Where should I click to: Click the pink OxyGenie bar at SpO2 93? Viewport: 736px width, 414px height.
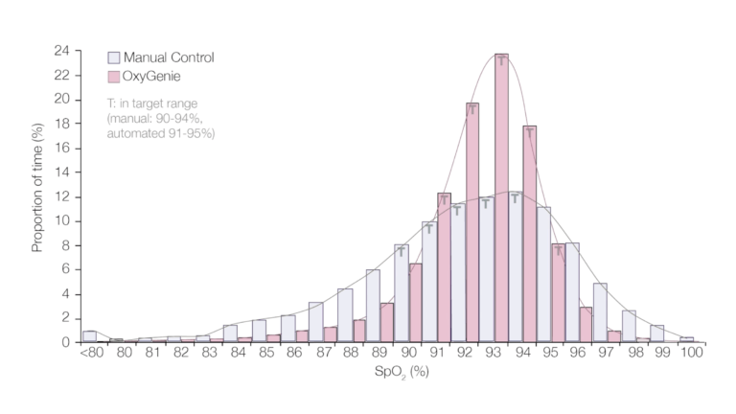coord(501,201)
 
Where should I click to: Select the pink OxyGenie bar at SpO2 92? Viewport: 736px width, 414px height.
coord(472,225)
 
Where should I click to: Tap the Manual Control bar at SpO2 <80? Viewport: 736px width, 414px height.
coord(89,336)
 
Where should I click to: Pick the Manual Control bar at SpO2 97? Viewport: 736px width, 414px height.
coord(600,312)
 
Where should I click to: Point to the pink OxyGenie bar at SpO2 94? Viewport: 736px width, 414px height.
coord(530,235)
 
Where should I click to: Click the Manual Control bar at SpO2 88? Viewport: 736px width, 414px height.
coord(345,315)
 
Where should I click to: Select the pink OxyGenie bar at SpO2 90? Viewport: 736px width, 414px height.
coord(415,303)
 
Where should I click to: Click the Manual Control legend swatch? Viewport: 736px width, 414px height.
coord(114,57)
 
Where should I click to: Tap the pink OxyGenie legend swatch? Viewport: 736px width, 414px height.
coord(114,75)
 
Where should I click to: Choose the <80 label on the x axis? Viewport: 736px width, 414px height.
coord(89,353)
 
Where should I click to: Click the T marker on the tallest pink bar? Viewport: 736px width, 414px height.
coord(501,61)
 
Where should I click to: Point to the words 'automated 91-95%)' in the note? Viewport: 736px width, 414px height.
coord(160,133)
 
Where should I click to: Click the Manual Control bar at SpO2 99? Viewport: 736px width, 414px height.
coord(657,333)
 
